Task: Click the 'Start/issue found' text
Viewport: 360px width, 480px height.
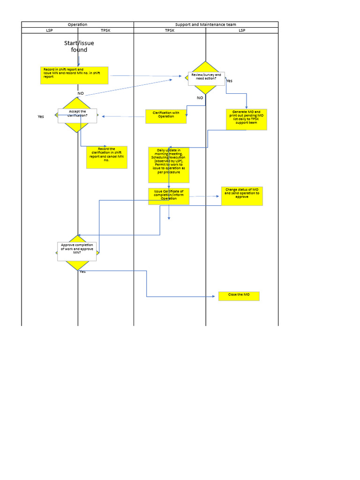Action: tap(79, 46)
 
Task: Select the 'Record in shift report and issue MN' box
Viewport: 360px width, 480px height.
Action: tap(74, 75)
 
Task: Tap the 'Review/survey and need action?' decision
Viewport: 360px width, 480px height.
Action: tap(206, 78)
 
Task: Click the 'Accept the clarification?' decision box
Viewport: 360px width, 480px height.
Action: tap(77, 115)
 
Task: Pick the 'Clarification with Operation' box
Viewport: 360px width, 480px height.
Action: tap(166, 116)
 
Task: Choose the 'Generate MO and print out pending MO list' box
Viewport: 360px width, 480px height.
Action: tap(246, 119)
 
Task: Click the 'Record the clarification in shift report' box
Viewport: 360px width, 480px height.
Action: tap(106, 157)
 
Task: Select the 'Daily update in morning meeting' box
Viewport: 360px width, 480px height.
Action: tap(169, 165)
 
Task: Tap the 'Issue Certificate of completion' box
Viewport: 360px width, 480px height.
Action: tap(169, 196)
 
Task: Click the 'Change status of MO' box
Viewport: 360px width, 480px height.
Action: tap(242, 196)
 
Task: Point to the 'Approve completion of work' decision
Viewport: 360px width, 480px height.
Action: tap(77, 251)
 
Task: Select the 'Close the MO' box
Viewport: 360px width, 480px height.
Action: tap(239, 296)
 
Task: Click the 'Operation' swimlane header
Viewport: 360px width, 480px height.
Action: tap(77, 24)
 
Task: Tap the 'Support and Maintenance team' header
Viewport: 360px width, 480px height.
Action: tap(206, 24)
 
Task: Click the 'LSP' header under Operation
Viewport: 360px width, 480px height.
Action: tap(49, 30)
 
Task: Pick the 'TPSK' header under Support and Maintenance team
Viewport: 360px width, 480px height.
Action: tap(169, 30)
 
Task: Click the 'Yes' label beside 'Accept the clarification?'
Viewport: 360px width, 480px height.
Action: tap(41, 117)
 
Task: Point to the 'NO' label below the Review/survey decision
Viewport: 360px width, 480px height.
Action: tap(200, 98)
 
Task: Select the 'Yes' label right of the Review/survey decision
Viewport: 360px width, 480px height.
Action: tap(229, 81)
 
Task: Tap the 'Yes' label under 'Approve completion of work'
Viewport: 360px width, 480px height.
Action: tap(82, 272)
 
